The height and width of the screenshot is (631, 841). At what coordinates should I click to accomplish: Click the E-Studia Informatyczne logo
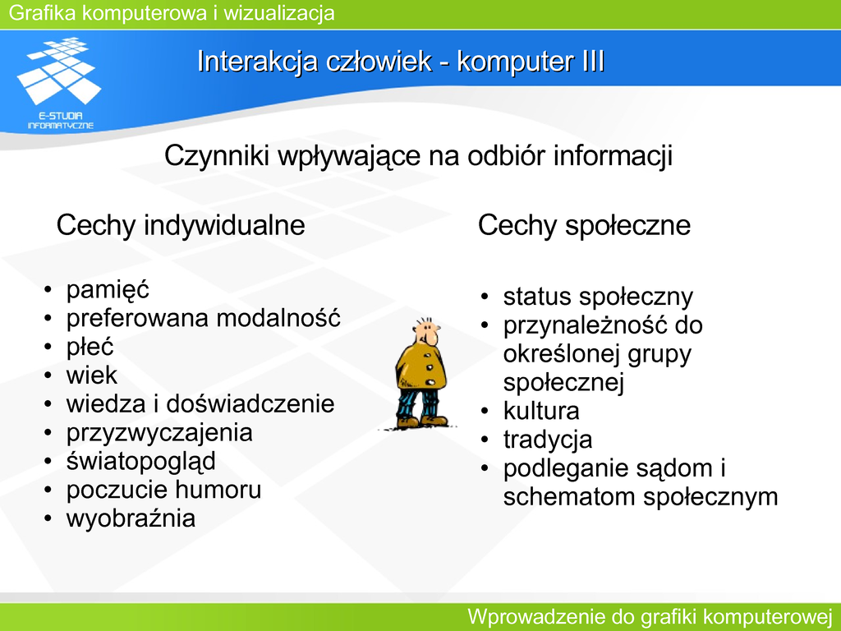pyautogui.click(x=59, y=83)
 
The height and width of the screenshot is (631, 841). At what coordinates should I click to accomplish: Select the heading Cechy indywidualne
pyautogui.click(x=181, y=225)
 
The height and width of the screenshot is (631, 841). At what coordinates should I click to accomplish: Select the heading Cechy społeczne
pyautogui.click(x=584, y=225)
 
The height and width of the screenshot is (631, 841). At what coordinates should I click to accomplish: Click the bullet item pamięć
pyautogui.click(x=108, y=290)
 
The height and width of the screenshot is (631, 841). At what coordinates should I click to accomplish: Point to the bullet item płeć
pyautogui.click(x=90, y=348)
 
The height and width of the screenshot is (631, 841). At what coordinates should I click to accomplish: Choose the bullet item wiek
pyautogui.click(x=91, y=375)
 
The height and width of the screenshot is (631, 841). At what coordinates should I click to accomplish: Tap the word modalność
pyautogui.click(x=278, y=318)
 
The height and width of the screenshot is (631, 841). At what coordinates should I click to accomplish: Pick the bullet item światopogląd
pyautogui.click(x=141, y=462)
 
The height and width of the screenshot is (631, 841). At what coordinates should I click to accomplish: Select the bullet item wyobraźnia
pyautogui.click(x=131, y=519)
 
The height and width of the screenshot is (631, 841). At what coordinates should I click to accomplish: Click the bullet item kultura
pyautogui.click(x=541, y=411)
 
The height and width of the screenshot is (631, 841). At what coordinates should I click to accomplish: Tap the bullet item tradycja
pyautogui.click(x=548, y=440)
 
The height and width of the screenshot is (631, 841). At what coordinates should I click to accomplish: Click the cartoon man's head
pyautogui.click(x=426, y=332)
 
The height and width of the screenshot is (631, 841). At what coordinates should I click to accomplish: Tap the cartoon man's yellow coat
pyautogui.click(x=421, y=367)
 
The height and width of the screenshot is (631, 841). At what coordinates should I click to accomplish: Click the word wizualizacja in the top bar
pyautogui.click(x=279, y=13)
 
